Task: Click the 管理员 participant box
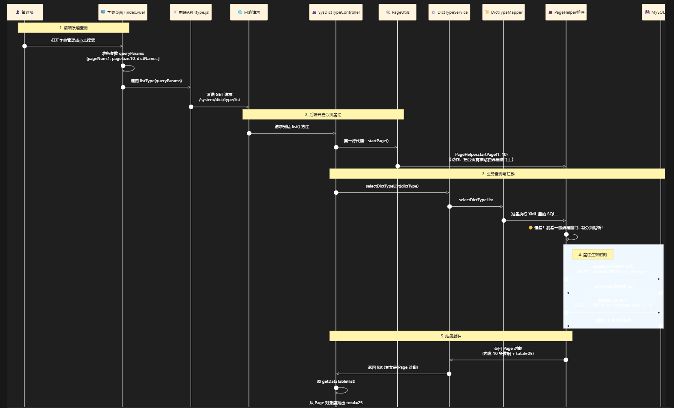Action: point(25,12)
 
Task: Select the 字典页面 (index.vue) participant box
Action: point(123,12)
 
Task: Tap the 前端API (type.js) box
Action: point(191,12)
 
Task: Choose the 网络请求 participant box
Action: point(249,12)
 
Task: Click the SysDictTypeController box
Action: point(336,12)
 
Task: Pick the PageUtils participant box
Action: point(397,12)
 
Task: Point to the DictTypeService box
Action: point(449,12)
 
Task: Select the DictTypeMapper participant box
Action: point(503,12)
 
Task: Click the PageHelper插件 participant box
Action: point(566,12)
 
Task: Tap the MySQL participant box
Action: point(655,12)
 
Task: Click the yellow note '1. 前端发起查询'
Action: point(73,28)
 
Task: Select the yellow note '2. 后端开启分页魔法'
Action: point(323,115)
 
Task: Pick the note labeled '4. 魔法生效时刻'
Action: point(593,255)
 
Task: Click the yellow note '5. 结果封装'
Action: point(451,336)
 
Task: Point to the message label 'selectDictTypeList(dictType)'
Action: point(392,186)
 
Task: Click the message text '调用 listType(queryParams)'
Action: point(156,81)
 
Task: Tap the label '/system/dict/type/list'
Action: point(219,100)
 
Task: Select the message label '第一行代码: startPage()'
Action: point(366,141)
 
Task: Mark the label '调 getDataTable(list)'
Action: point(336,381)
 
